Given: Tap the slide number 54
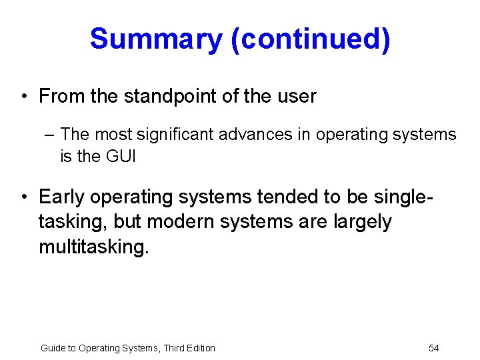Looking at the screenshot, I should [433, 348].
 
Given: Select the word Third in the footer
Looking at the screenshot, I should [171, 348].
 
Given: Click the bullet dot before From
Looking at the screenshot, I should [24, 97].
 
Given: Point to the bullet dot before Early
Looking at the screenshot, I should [24, 197].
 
